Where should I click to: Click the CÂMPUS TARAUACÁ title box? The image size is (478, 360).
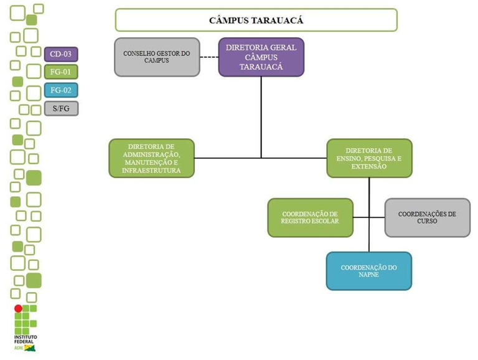click(x=256, y=20)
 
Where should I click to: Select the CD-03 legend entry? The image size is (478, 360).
click(x=61, y=54)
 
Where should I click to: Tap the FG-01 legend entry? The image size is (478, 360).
click(x=61, y=72)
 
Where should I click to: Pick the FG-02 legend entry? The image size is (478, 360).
click(x=61, y=90)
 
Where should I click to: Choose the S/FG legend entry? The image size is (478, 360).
click(x=61, y=108)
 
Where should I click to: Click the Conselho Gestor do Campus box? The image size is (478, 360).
click(x=157, y=57)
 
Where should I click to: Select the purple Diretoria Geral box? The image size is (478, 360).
click(x=261, y=57)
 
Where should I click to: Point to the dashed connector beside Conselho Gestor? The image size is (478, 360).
click(x=209, y=57)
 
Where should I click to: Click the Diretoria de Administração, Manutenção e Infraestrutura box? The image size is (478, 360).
click(x=152, y=158)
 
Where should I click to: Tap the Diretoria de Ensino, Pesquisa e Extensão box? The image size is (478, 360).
click(x=369, y=158)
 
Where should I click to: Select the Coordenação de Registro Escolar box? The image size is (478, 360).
click(x=310, y=217)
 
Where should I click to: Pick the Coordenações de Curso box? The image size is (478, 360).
click(x=426, y=217)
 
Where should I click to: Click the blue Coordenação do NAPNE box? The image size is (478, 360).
click(x=368, y=271)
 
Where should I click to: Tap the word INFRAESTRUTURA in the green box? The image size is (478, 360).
click(x=152, y=170)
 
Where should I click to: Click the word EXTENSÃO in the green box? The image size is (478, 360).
click(x=369, y=166)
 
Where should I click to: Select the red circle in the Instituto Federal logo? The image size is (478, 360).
click(x=19, y=308)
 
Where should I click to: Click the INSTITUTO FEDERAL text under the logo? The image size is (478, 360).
click(x=25, y=339)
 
